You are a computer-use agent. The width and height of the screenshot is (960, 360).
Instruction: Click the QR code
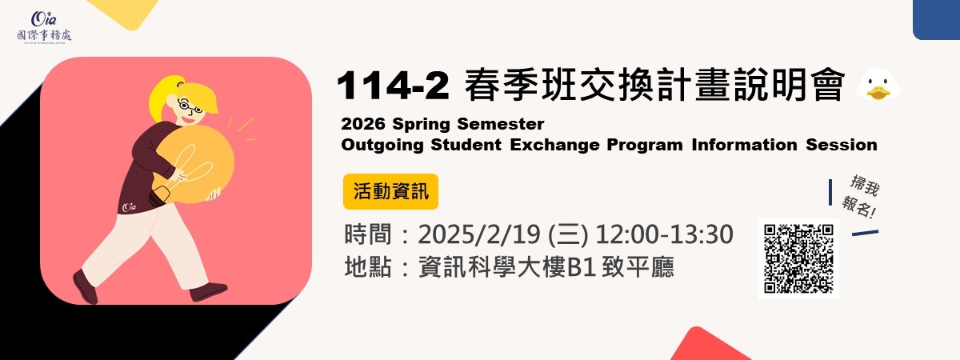(798, 258)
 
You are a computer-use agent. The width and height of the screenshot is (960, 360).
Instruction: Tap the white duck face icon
(878, 85)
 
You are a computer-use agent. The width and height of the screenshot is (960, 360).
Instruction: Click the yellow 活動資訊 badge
(390, 191)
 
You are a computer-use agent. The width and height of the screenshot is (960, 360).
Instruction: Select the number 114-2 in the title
(393, 86)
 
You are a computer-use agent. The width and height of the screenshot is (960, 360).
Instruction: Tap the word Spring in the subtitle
(421, 124)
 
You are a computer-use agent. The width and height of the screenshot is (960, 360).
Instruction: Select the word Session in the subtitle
(842, 145)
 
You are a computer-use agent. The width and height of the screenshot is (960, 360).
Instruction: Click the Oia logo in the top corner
(44, 26)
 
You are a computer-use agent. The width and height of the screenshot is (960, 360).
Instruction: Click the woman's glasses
(190, 106)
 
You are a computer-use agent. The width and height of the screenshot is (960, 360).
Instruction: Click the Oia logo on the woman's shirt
(129, 207)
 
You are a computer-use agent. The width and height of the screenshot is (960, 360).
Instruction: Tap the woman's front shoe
(208, 291)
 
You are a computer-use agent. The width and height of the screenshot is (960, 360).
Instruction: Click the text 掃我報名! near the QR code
(862, 196)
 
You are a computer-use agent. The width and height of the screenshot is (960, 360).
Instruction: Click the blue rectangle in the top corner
(936, 20)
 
